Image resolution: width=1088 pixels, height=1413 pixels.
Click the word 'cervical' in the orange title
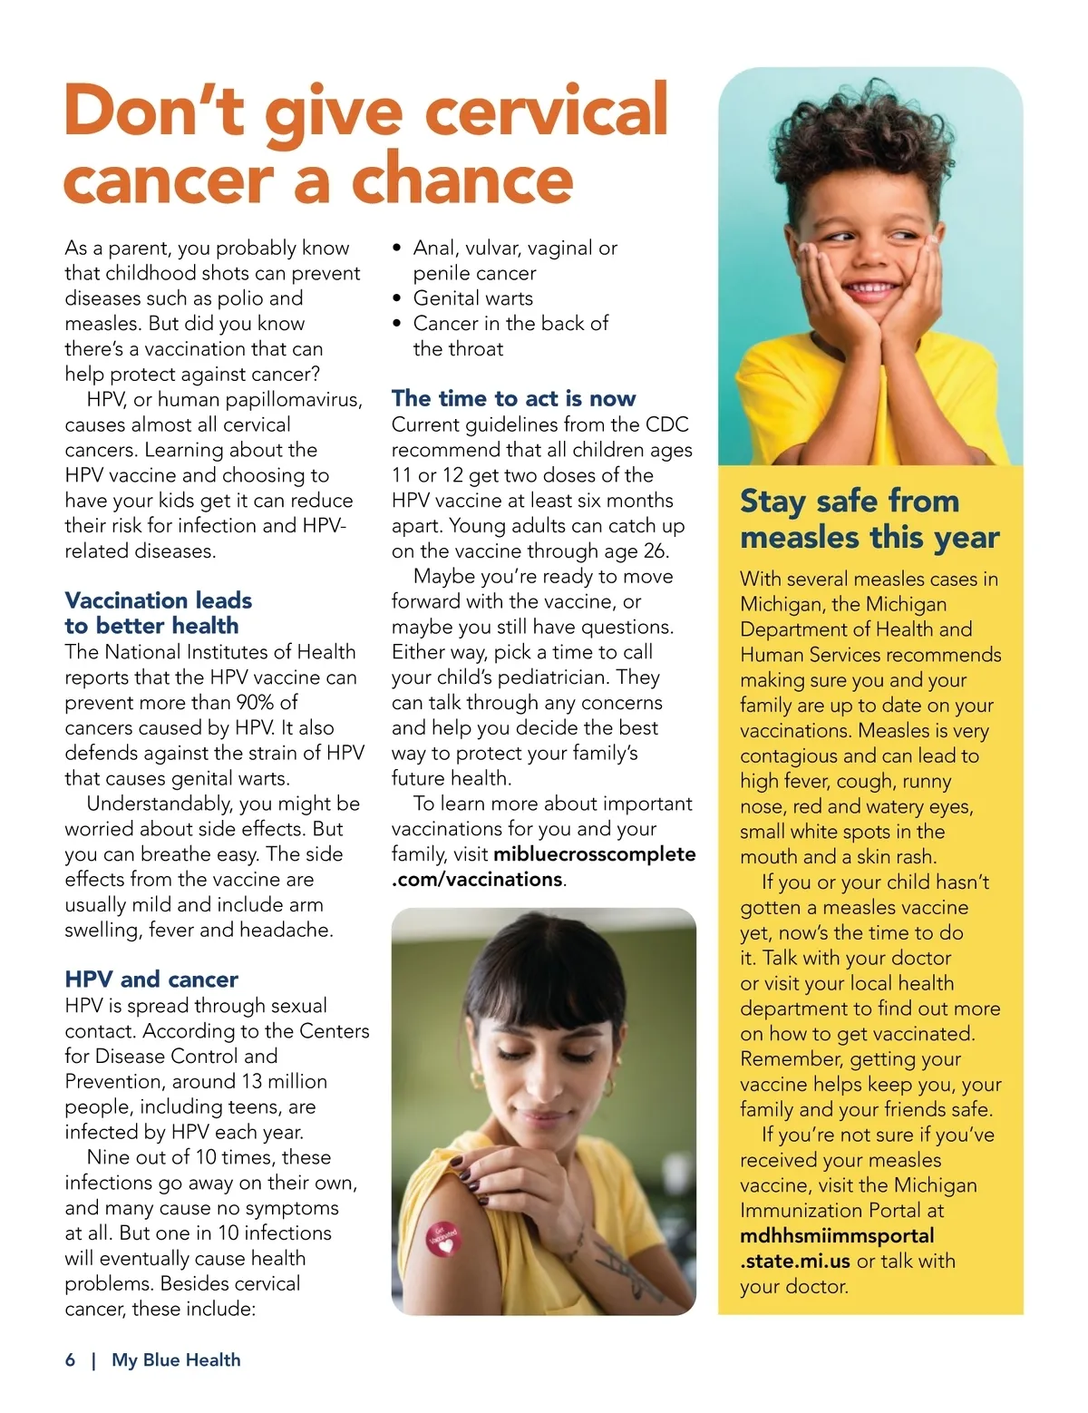coord(547,111)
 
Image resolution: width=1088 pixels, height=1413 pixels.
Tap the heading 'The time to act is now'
coord(513,398)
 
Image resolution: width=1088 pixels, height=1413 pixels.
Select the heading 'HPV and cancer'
coord(151,979)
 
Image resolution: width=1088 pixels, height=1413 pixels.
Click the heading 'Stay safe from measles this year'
coord(869,519)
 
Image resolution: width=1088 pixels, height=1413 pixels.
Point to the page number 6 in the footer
coord(71,1359)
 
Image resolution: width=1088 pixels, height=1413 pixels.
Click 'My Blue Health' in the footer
coord(176,1359)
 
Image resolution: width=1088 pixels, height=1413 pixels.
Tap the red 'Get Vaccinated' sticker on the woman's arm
coord(443,1239)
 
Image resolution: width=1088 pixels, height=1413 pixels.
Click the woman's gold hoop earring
coord(478,1080)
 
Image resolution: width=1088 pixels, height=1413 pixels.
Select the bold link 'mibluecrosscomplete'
coord(595,854)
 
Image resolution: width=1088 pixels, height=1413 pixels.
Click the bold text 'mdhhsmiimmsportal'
coord(837,1236)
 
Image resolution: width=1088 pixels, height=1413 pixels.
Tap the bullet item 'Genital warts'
coord(472,298)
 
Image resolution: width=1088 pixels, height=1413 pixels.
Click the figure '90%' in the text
coord(255,703)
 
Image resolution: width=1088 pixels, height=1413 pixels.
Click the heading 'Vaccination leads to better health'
coord(158,613)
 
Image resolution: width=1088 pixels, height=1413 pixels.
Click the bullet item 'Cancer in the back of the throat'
coord(510,336)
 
